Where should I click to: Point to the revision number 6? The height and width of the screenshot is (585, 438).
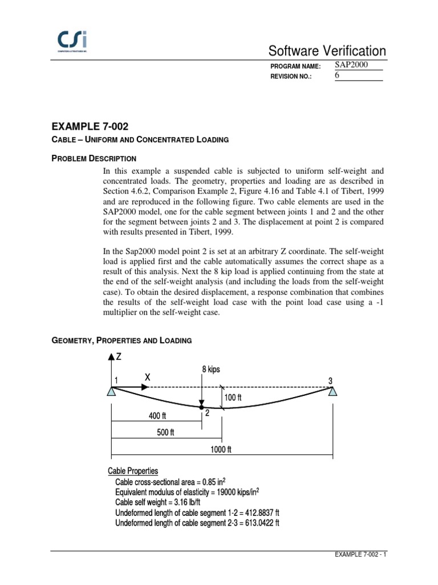[x=337, y=76]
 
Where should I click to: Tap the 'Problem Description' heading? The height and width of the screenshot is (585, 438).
[x=94, y=158]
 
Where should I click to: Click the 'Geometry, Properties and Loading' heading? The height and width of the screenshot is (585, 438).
[x=121, y=340]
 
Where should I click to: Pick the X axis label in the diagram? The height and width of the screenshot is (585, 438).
[x=148, y=378]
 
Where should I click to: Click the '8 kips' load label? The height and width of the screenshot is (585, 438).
[x=211, y=370]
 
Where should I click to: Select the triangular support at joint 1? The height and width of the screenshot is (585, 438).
[x=112, y=391]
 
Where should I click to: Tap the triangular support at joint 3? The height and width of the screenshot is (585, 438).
[x=333, y=391]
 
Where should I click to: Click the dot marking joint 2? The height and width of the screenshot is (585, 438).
[x=201, y=408]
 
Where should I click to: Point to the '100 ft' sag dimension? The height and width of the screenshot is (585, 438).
[x=233, y=397]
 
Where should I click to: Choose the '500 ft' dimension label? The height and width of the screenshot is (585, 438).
[x=165, y=432]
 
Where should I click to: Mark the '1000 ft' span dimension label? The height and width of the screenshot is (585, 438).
[x=221, y=449]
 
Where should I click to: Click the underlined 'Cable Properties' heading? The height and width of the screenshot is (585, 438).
[x=133, y=471]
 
